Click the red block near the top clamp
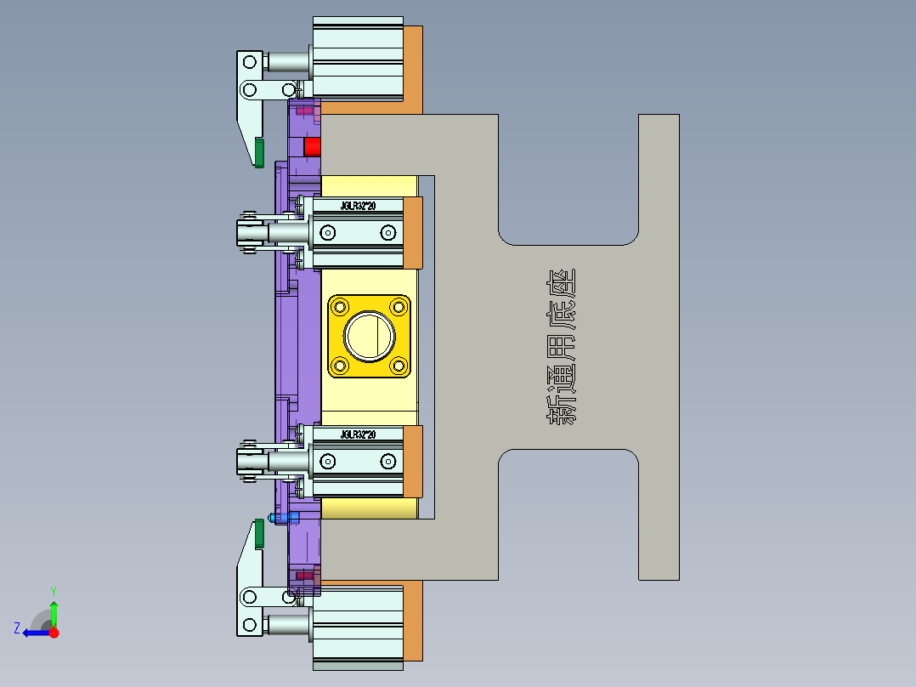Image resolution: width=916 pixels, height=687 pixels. pyautogui.click(x=313, y=146)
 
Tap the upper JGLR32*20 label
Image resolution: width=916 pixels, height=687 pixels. pyautogui.click(x=358, y=206)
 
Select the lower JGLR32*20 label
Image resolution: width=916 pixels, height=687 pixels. pyautogui.click(x=358, y=434)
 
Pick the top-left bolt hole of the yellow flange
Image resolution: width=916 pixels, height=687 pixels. pyautogui.click(x=341, y=306)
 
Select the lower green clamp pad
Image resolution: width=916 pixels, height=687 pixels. pyautogui.click(x=259, y=534)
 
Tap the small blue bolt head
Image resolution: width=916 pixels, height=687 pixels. pyautogui.click(x=272, y=517)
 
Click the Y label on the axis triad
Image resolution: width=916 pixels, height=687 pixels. pyautogui.click(x=53, y=590)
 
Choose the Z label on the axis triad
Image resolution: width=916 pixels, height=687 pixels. pyautogui.click(x=17, y=628)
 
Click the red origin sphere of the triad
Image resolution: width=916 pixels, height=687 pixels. pyautogui.click(x=54, y=633)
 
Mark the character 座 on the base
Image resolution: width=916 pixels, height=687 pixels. pyautogui.click(x=561, y=286)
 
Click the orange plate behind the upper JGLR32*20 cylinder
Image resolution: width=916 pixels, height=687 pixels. pyautogui.click(x=413, y=231)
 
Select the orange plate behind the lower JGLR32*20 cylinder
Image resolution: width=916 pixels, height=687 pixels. pyautogui.click(x=413, y=461)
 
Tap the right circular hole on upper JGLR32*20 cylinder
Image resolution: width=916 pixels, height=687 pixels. pyautogui.click(x=387, y=232)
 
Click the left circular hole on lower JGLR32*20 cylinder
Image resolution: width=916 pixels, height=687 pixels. pyautogui.click(x=326, y=462)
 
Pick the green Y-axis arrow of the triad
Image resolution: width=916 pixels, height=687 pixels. pyautogui.click(x=54, y=613)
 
